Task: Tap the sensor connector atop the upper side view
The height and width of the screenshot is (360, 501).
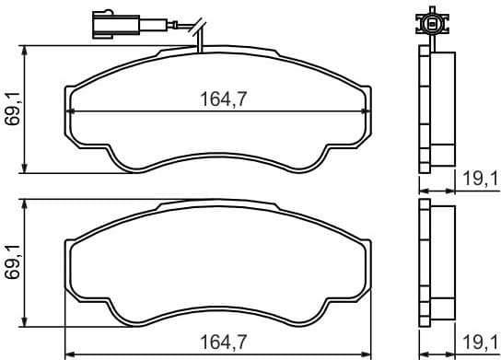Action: coord(429,18)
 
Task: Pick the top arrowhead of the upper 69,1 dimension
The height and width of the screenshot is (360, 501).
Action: coord(25,51)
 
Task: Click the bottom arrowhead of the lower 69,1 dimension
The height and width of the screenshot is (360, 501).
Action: coord(25,323)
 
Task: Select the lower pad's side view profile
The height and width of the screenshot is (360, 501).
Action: coord(437,263)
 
